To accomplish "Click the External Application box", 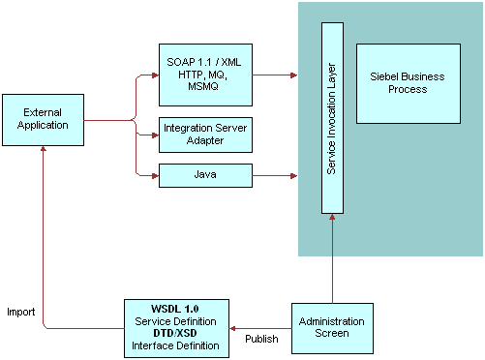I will (43, 119).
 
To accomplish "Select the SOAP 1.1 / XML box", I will (205, 75).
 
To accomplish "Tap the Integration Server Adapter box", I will (205, 135).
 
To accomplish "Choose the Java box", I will (205, 175).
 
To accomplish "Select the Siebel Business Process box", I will (408, 83).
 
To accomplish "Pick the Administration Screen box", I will (332, 327).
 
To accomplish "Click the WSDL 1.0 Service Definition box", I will (177, 327).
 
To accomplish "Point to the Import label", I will (21, 313).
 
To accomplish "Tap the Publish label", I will (261, 340).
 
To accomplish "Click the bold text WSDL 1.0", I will (177, 309).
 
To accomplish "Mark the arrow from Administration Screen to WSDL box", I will (261, 327).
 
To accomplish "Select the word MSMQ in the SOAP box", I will (205, 87).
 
